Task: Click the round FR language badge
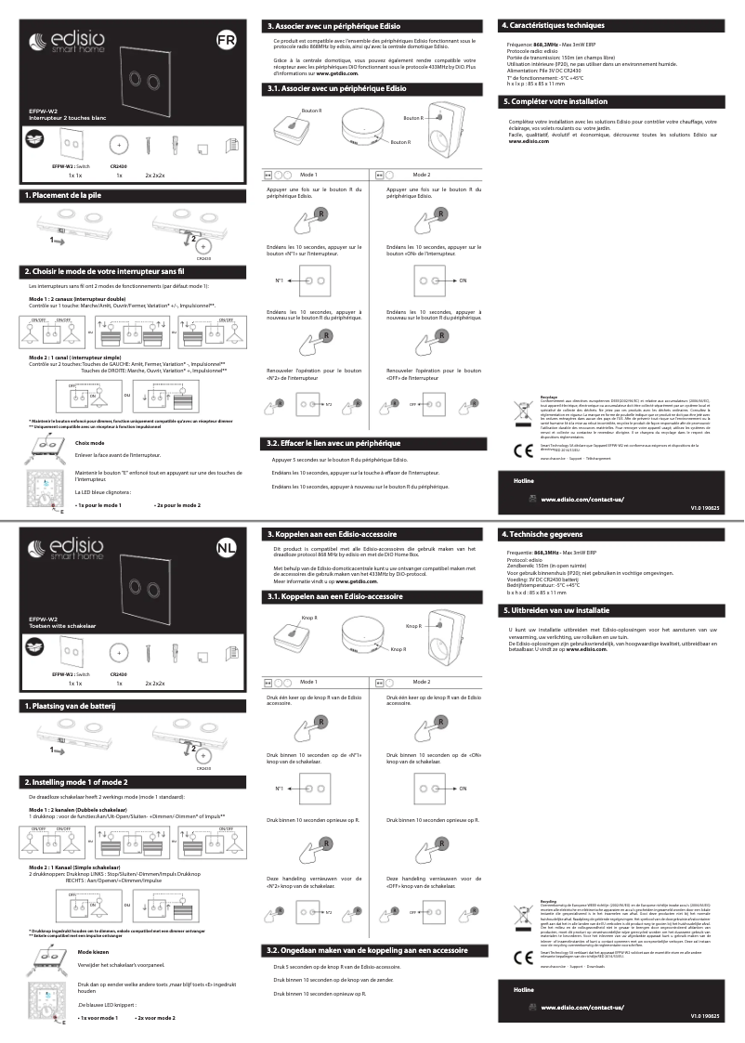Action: pyautogui.click(x=226, y=40)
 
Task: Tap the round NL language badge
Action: pyautogui.click(x=226, y=547)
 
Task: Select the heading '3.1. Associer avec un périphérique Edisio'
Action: pyautogui.click(x=337, y=88)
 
